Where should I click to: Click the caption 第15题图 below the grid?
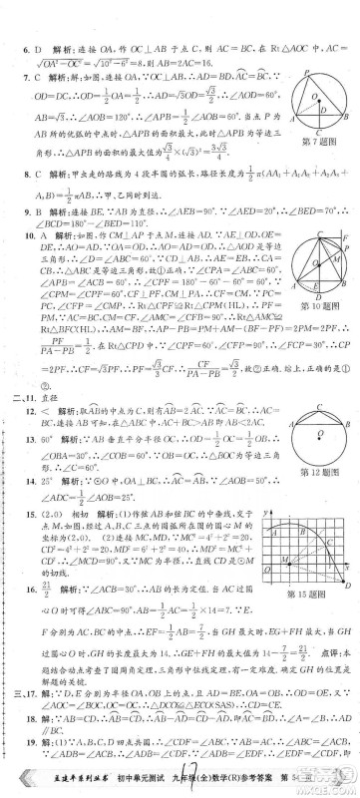(309, 597)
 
